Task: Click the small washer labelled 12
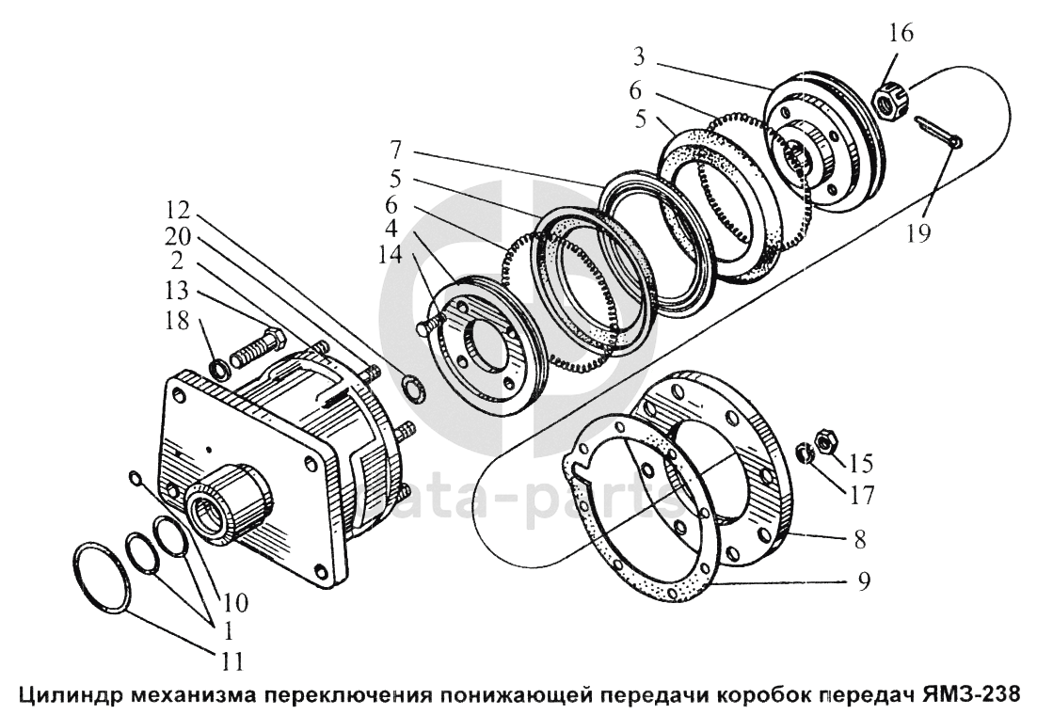[x=411, y=383]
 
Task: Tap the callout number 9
[x=863, y=581]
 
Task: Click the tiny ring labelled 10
[x=136, y=481]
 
